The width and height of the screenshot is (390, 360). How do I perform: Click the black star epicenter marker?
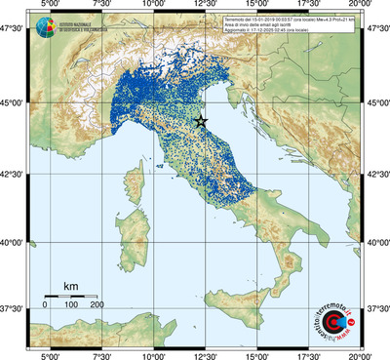[201, 121]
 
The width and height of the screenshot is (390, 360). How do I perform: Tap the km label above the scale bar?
[70, 287]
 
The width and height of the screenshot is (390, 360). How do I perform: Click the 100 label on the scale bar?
[70, 305]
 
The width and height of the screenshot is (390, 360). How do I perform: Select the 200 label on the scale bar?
[97, 305]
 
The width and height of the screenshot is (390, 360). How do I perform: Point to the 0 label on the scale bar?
[45, 305]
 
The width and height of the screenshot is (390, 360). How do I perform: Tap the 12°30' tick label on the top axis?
[204, 6]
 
